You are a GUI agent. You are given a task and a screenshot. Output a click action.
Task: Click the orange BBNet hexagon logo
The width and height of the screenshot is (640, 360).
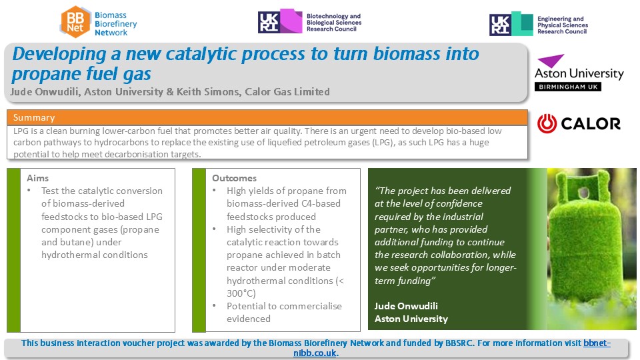pyautogui.click(x=75, y=22)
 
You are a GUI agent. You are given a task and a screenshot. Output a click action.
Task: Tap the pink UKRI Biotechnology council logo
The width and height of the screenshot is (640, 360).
pyautogui.click(x=280, y=21)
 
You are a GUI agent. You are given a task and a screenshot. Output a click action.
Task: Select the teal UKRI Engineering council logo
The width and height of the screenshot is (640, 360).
pyautogui.click(x=511, y=24)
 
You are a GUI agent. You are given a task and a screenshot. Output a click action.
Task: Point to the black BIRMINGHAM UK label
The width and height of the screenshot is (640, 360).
pyautogui.click(x=568, y=87)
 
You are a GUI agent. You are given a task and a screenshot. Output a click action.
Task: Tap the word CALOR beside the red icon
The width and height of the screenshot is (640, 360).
pyautogui.click(x=591, y=124)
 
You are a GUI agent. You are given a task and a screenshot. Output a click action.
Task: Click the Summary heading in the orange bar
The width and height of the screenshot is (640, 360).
pyautogui.click(x=34, y=117)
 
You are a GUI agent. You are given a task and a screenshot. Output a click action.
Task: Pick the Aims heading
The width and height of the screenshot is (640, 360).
pyautogui.click(x=37, y=178)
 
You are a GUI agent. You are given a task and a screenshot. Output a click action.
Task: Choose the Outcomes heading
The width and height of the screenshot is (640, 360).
pyautogui.click(x=234, y=178)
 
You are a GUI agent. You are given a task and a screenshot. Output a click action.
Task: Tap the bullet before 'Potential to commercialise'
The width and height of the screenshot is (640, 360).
pyautogui.click(x=214, y=306)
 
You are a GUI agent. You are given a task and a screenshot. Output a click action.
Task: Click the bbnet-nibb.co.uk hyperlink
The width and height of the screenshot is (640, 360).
pyautogui.click(x=452, y=348)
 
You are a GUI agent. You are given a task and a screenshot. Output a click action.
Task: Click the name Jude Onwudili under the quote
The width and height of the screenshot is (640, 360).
pyautogui.click(x=406, y=306)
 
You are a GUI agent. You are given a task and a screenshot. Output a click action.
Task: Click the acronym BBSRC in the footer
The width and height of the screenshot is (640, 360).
pyautogui.click(x=459, y=343)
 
